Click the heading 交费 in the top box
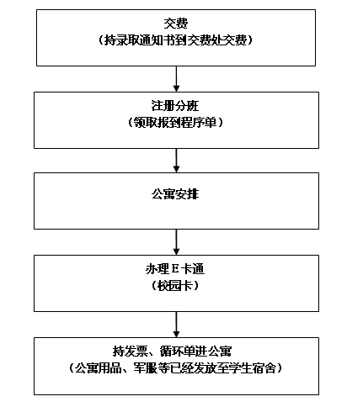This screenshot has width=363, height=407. (176, 24)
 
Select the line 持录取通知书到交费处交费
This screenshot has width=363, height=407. (176, 40)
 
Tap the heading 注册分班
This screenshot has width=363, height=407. (175, 106)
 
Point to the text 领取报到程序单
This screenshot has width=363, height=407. (175, 122)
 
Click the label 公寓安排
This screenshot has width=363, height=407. (175, 194)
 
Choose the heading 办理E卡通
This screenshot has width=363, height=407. (175, 269)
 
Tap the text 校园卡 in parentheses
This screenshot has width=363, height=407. (175, 286)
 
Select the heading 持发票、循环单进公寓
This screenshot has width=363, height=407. (172, 351)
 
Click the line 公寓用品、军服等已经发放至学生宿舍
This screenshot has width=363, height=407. (175, 367)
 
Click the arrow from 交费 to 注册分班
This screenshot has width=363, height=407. (176, 79)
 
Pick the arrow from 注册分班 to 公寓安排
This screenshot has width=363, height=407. (176, 161)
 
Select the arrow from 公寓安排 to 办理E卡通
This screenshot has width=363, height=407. (176, 242)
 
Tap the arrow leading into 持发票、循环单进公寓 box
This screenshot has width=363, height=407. (176, 325)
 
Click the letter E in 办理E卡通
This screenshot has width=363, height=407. (174, 269)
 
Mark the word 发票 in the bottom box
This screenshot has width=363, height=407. (136, 351)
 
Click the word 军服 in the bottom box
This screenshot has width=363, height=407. (146, 367)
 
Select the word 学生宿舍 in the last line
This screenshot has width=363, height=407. (253, 367)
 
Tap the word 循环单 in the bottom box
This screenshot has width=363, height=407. (178, 351)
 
